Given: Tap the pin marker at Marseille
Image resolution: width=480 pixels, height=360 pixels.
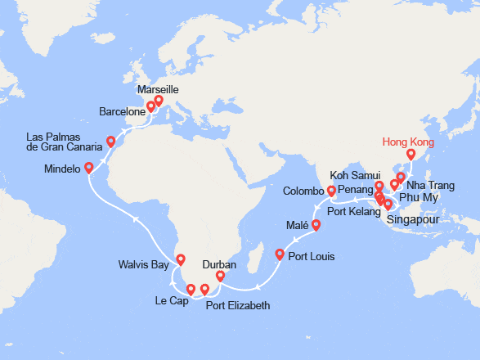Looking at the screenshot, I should (x=159, y=102).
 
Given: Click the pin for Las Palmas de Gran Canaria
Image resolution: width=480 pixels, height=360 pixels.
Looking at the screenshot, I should (x=110, y=142).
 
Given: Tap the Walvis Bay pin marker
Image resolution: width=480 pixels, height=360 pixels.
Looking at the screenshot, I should (x=180, y=261).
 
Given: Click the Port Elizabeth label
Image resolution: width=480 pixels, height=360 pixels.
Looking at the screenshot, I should (x=237, y=306).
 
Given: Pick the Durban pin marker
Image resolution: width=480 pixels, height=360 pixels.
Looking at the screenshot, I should (x=220, y=277).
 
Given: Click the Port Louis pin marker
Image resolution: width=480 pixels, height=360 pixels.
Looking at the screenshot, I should (x=280, y=254).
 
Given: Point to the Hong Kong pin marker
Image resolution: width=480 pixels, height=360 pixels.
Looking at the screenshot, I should (x=410, y=154).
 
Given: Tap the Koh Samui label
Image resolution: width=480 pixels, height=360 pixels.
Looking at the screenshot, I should (x=353, y=175).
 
